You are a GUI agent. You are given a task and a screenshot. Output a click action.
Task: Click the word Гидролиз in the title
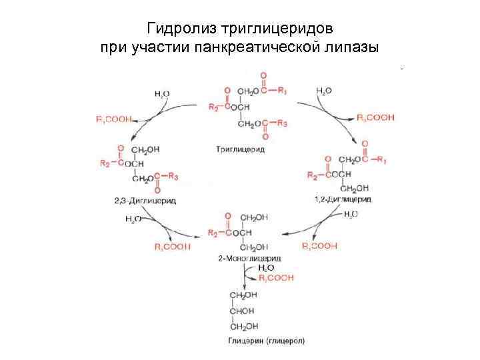pos(174,29)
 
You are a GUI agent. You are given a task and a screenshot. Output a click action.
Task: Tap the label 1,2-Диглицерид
pos(343,199)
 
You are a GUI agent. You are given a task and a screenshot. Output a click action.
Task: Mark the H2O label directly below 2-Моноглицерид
pos(266,267)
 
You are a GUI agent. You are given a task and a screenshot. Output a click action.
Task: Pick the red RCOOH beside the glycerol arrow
pos(276,277)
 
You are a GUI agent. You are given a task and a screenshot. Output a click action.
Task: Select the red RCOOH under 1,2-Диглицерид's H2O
pos(319,246)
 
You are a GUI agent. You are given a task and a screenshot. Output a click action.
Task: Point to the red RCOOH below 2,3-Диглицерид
pos(172,246)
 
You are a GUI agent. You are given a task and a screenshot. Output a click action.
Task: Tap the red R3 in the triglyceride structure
pos(282,123)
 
